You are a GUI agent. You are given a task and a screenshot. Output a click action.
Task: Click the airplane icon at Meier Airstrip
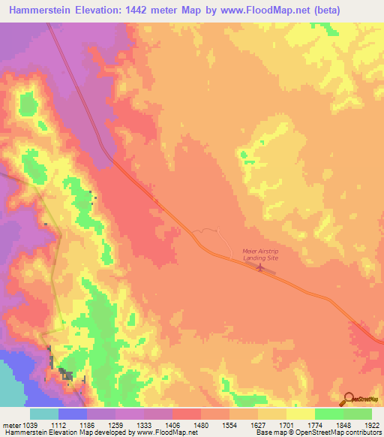click(259, 267)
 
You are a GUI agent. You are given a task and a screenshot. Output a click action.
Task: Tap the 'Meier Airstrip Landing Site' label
click(259, 255)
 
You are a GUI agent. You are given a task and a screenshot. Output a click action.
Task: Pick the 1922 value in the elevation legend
click(358, 425)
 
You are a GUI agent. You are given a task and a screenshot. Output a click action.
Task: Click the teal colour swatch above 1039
click(44, 414)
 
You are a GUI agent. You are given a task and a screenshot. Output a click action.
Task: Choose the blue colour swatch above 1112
click(73, 414)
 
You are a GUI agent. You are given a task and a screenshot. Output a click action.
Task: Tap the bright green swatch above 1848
click(328, 414)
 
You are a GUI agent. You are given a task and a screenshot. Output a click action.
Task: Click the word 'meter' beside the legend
click(12, 425)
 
